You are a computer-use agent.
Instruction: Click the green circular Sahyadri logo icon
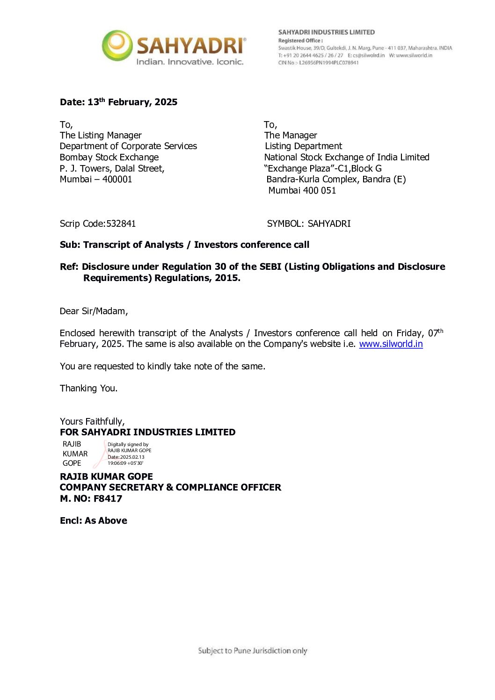point(117,45)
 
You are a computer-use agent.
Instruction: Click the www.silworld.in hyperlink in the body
point(391,344)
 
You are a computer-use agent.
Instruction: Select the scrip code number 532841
point(121,224)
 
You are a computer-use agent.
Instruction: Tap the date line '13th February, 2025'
point(132,102)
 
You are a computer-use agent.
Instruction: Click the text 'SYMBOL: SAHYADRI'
point(309,224)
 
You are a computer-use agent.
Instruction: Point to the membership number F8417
point(108,499)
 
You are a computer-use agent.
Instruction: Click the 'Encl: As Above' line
point(94,521)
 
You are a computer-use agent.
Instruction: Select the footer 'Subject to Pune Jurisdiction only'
point(253,651)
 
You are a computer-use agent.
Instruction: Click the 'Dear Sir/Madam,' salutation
point(94,311)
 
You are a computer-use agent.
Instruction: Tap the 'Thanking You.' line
point(88,389)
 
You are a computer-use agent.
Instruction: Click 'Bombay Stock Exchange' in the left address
point(109,158)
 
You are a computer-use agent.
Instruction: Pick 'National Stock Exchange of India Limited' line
point(347,158)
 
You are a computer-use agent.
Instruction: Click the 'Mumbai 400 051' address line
point(302,191)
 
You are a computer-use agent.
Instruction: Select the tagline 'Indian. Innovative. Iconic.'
point(189,62)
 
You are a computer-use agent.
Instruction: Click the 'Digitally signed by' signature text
point(128,445)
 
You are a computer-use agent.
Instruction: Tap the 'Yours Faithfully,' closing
point(92,422)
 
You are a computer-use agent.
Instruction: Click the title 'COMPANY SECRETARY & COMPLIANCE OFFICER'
point(170,488)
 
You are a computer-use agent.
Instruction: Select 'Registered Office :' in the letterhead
point(300,41)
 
